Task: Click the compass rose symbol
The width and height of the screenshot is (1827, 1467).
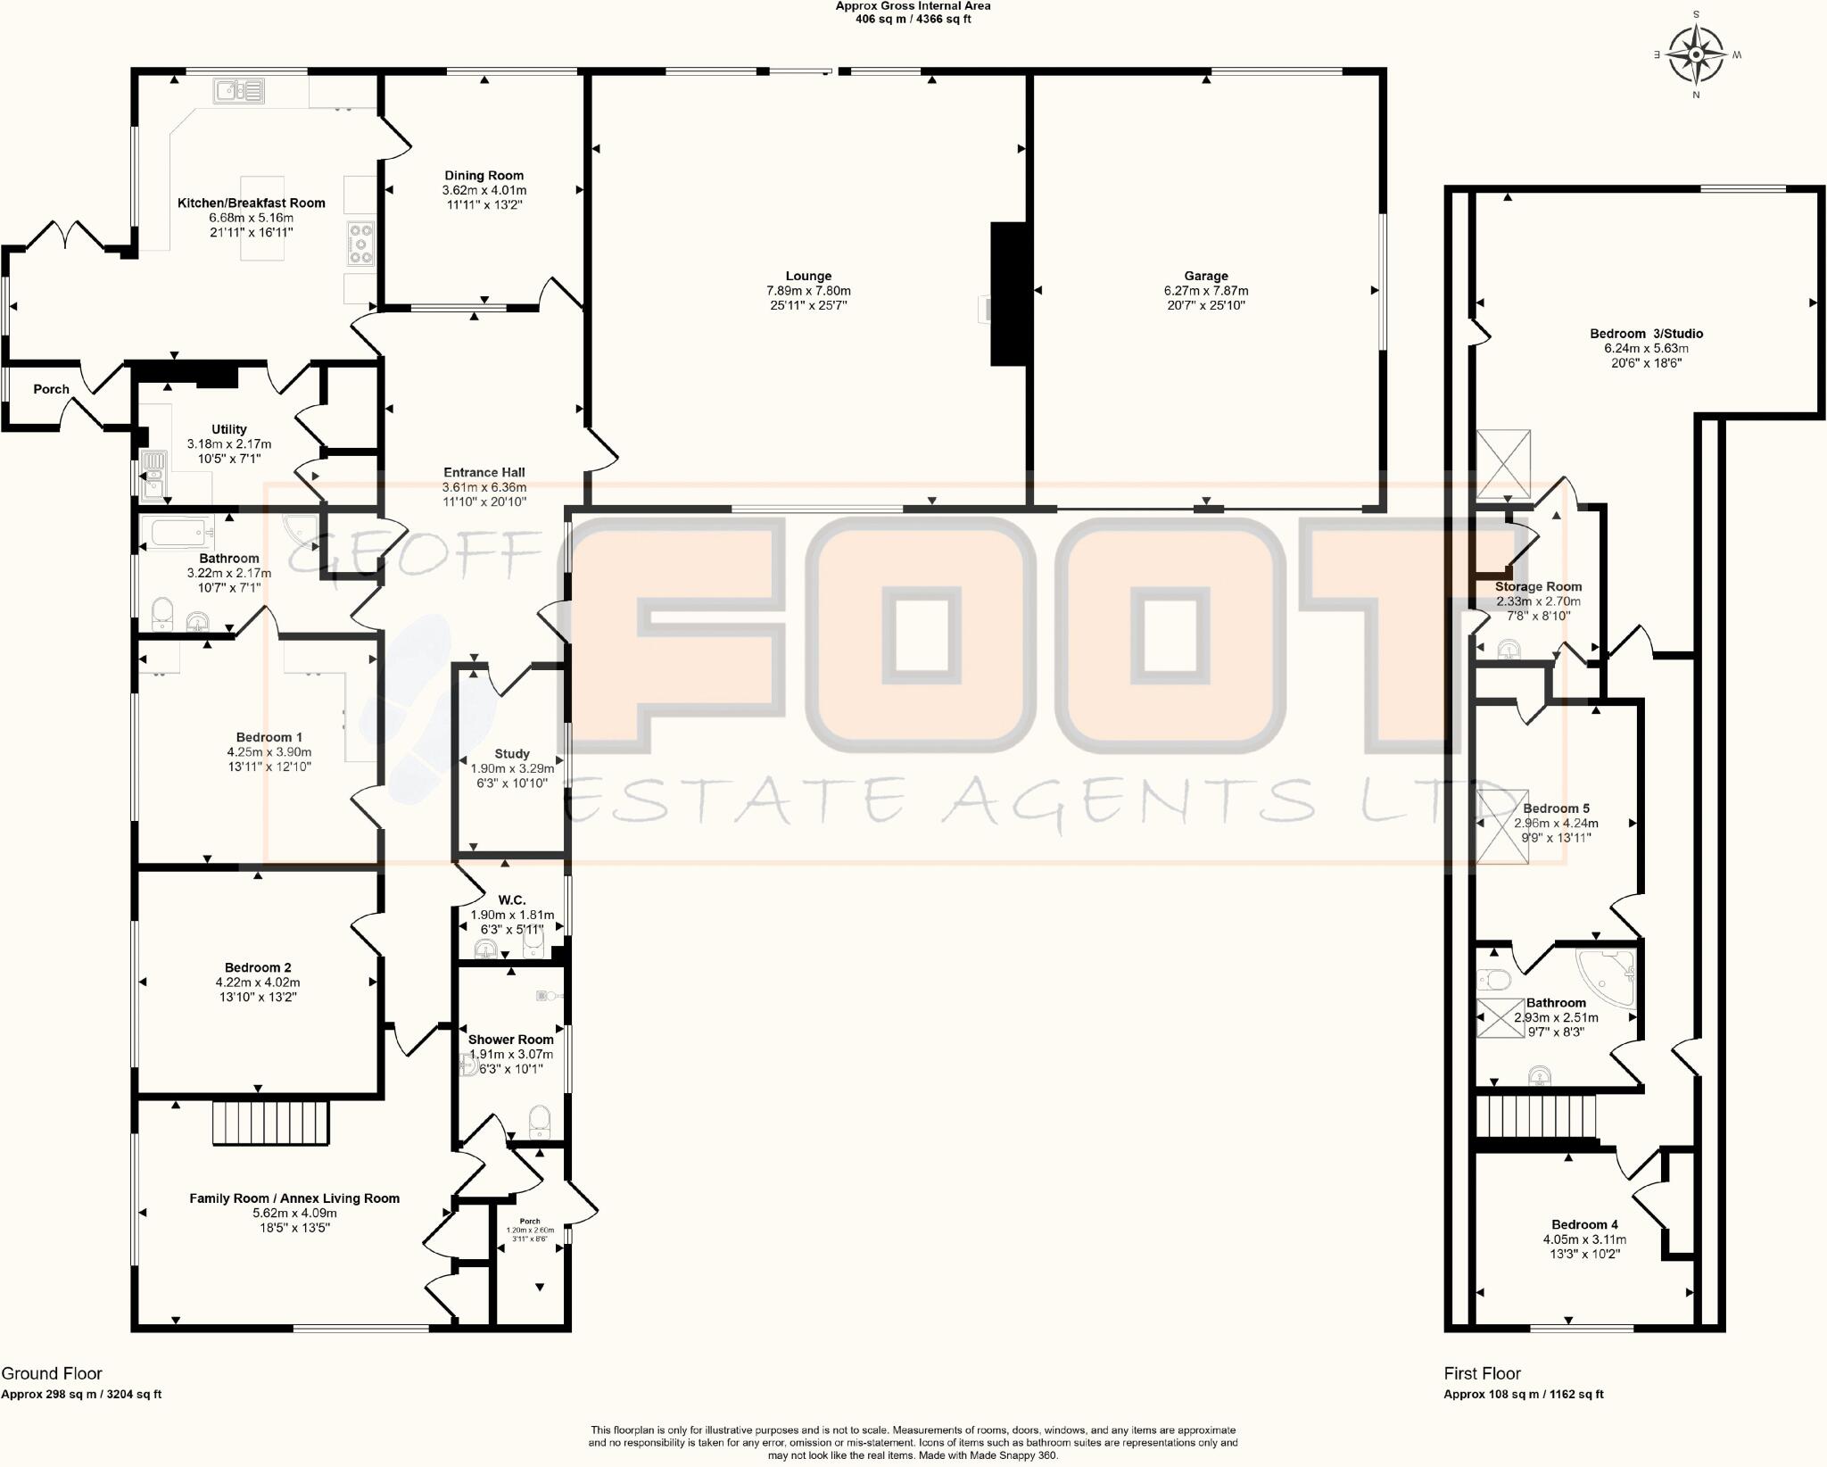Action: click(x=1696, y=55)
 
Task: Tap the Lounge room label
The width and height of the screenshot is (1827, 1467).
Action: click(x=808, y=277)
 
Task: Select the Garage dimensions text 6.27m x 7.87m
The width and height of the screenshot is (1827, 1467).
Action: click(x=1206, y=291)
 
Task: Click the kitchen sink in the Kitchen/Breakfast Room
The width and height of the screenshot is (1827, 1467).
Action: click(x=239, y=90)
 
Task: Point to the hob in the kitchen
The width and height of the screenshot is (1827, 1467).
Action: click(x=361, y=244)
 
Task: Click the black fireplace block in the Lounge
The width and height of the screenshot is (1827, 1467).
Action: click(x=1008, y=294)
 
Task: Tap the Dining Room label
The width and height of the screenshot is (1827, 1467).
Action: click(x=484, y=176)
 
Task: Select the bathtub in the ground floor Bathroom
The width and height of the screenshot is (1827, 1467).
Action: click(x=182, y=534)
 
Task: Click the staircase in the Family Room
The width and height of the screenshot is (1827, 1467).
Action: click(x=271, y=1123)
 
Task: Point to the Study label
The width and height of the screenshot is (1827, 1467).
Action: click(x=512, y=754)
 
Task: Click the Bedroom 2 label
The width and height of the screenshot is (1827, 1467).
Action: click(x=258, y=967)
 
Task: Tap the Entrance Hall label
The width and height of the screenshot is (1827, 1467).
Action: click(x=484, y=473)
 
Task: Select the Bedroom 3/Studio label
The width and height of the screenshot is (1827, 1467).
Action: click(x=1646, y=334)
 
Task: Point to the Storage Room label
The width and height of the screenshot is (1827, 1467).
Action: click(x=1538, y=587)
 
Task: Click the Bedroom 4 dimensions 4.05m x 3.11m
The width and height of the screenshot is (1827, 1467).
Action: click(x=1584, y=1239)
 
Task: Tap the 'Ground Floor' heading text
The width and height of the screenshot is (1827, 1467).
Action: click(x=52, y=1373)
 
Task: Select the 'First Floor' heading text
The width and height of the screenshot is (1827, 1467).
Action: click(x=1482, y=1373)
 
